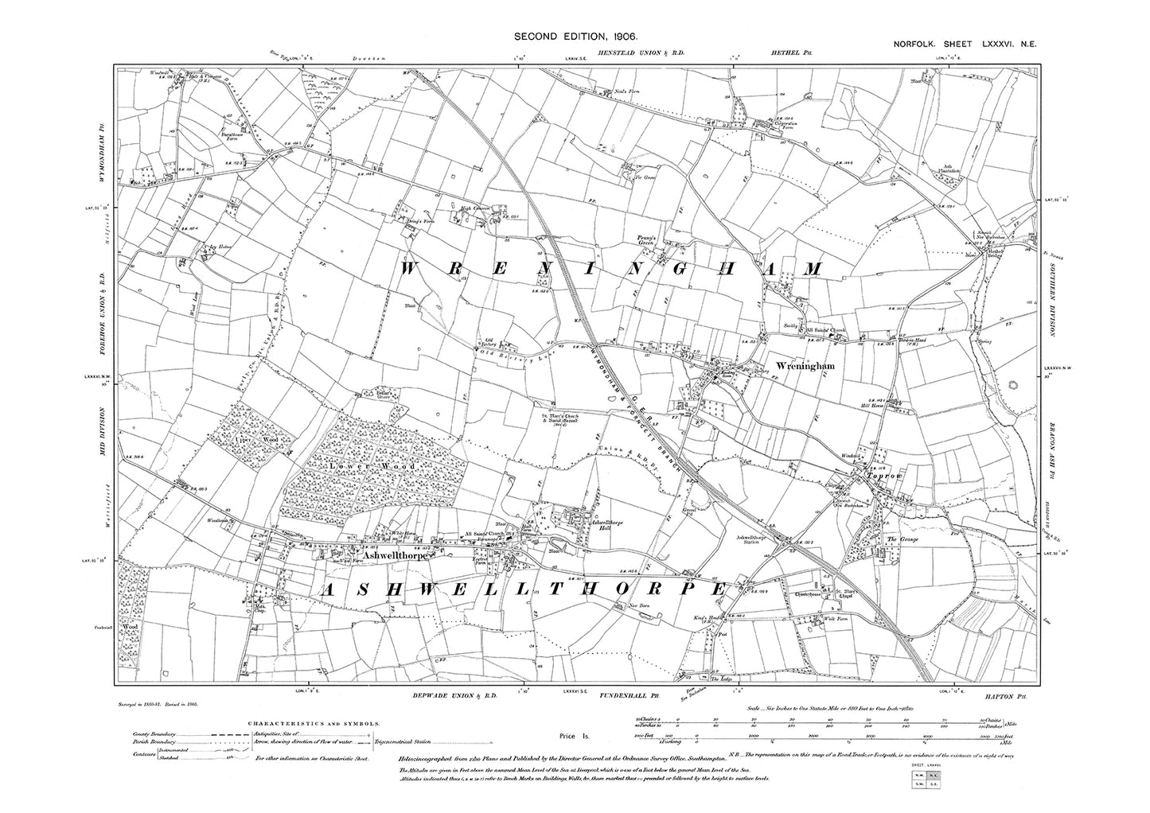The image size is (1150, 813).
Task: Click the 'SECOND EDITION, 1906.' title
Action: (x=575, y=36)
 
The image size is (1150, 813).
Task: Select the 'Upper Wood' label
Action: (x=261, y=438)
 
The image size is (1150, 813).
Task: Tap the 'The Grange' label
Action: (x=903, y=540)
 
